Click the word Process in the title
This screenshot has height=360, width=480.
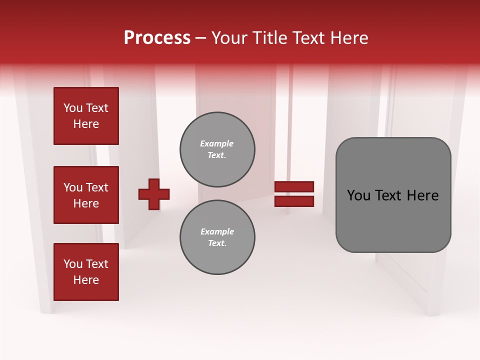(x=157, y=38)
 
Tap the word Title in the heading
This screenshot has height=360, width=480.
(x=270, y=38)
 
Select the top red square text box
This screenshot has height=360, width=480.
(x=86, y=116)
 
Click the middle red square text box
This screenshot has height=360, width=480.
(x=86, y=195)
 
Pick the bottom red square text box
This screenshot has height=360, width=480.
(x=86, y=272)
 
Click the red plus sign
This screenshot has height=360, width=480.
(x=154, y=194)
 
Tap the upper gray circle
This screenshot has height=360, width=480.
(x=217, y=149)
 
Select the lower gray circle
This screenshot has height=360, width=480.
(x=217, y=237)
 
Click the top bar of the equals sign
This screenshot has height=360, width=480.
(x=294, y=187)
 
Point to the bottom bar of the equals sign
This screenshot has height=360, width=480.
(x=294, y=201)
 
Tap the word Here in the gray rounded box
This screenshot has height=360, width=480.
(x=422, y=195)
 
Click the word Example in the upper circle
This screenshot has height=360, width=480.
(x=217, y=144)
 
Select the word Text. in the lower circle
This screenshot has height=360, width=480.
(x=217, y=243)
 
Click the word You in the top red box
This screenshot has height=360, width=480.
(x=72, y=108)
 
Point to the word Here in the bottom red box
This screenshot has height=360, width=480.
(x=86, y=280)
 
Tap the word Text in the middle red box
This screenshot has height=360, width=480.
(x=97, y=187)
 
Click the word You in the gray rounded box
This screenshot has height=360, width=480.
(x=358, y=195)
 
